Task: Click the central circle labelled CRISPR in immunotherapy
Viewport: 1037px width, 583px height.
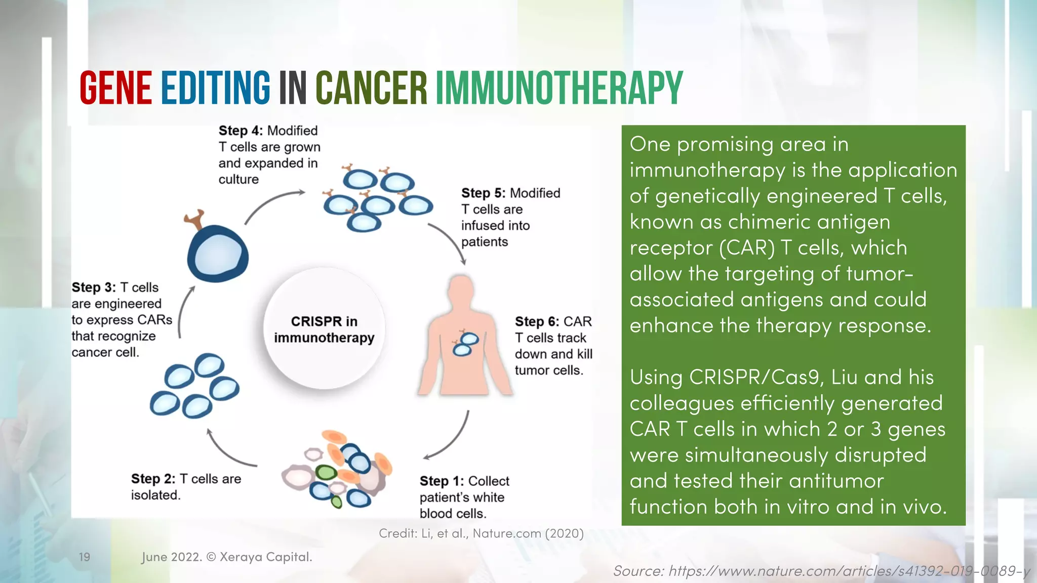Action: [324, 329]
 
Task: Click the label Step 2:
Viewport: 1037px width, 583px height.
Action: [153, 479]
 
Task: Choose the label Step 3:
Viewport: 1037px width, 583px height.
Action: [94, 287]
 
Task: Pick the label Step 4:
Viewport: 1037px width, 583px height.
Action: [241, 131]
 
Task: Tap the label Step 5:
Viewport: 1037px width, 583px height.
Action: [483, 193]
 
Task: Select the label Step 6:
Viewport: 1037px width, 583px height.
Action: [537, 321]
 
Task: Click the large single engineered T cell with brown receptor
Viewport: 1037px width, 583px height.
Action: [218, 253]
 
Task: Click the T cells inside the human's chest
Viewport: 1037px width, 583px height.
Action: [465, 344]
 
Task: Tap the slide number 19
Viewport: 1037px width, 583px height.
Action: [85, 557]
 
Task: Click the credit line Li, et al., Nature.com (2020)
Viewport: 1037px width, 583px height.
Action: [481, 533]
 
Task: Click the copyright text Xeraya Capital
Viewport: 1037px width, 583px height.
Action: [265, 557]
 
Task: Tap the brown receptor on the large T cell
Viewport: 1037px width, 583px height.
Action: [195, 218]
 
